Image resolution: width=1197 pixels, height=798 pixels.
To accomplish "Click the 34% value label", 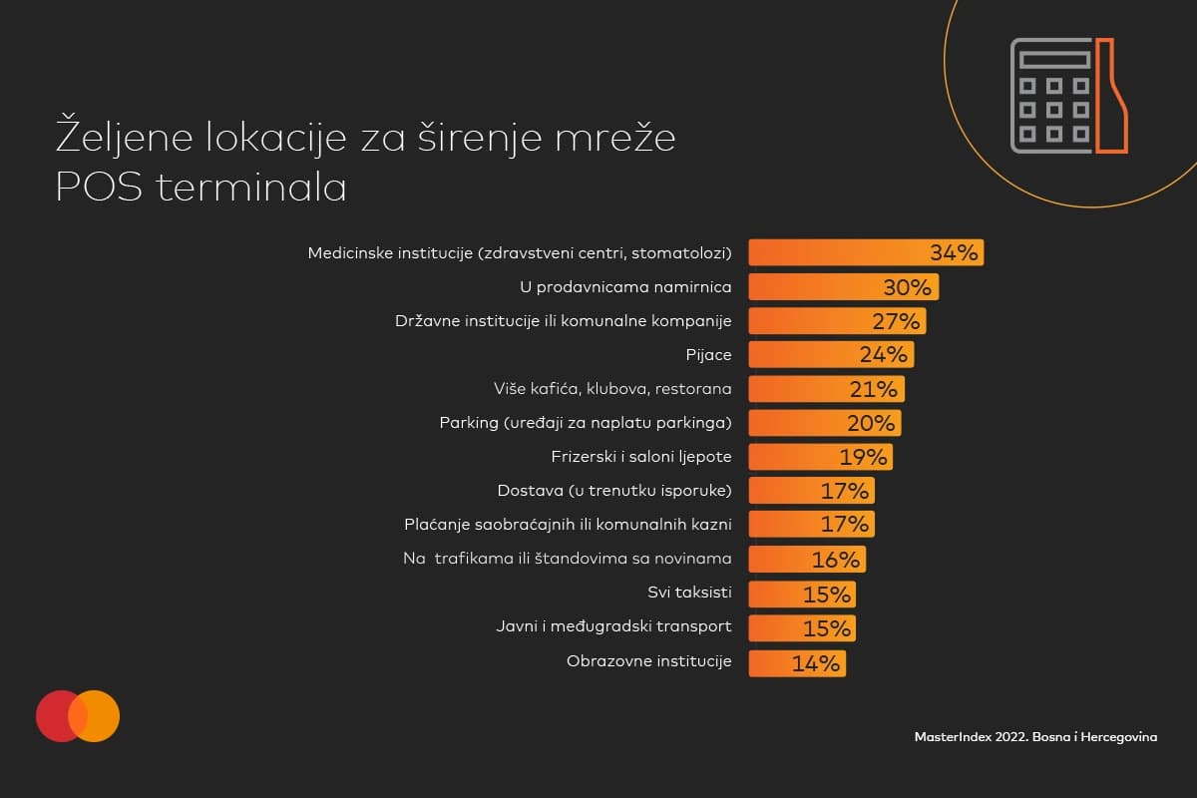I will point(954,252).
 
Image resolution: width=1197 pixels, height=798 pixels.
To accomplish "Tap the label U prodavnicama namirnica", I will point(626,287).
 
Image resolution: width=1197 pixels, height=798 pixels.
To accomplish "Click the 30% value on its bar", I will point(907,287).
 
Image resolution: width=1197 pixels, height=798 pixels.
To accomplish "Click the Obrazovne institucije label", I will point(648,661).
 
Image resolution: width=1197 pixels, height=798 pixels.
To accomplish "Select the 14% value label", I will point(816,663).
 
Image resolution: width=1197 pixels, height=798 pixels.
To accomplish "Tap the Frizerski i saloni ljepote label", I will point(641,457).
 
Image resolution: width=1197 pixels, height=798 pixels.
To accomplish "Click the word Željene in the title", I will point(119,138).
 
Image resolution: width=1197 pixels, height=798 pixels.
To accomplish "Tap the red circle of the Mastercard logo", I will point(58,715).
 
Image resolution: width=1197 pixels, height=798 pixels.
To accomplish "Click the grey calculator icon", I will point(1051,96).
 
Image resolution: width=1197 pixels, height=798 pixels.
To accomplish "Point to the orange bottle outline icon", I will point(1112,96).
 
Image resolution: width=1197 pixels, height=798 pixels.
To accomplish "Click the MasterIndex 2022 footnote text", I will point(1035,736).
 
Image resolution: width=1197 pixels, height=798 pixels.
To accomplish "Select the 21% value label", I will point(877,389).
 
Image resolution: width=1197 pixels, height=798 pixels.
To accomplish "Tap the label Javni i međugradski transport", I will point(613,626).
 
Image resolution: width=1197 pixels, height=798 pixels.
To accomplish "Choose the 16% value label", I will point(835,560).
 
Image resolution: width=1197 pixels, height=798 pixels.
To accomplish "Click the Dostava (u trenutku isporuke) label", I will point(614,490).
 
